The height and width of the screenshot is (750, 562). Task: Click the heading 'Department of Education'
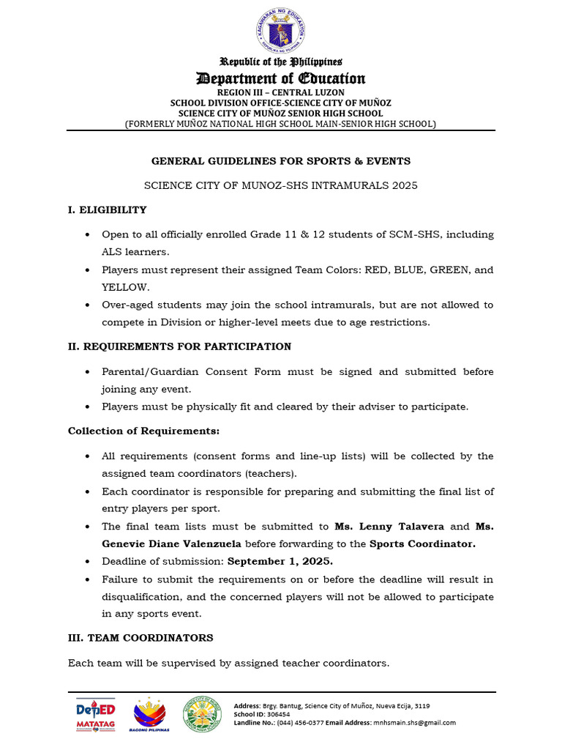click(x=281, y=78)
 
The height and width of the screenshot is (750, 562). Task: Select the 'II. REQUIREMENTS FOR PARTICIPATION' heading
click(x=179, y=346)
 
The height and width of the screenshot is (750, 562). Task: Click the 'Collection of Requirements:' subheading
click(x=143, y=431)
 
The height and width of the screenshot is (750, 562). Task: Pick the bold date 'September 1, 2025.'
click(x=280, y=562)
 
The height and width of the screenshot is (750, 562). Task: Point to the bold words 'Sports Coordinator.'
click(x=422, y=544)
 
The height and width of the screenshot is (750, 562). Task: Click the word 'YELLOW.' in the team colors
click(x=125, y=288)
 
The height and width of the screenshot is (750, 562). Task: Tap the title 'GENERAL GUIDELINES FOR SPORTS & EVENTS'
click(x=281, y=160)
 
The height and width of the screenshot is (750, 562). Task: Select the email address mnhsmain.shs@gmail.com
click(x=413, y=722)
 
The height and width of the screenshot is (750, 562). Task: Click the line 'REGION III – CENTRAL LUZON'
click(x=281, y=93)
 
